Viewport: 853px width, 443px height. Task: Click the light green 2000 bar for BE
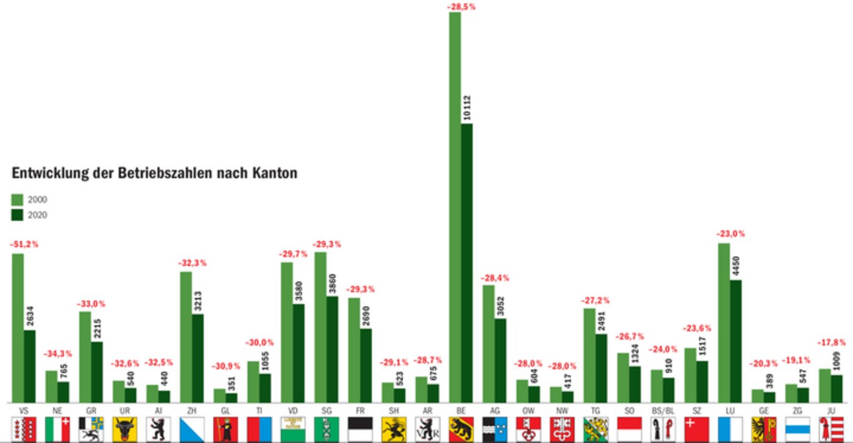(455, 207)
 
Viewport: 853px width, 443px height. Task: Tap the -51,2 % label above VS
(24, 244)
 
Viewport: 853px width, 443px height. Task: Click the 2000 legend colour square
(17, 200)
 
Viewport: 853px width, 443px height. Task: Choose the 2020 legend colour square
(17, 215)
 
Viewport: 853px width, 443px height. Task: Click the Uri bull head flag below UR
(124, 429)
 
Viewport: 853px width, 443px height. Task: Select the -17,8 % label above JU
(831, 359)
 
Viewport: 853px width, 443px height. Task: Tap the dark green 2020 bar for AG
(500, 360)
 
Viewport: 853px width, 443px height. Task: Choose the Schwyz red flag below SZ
(696, 429)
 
